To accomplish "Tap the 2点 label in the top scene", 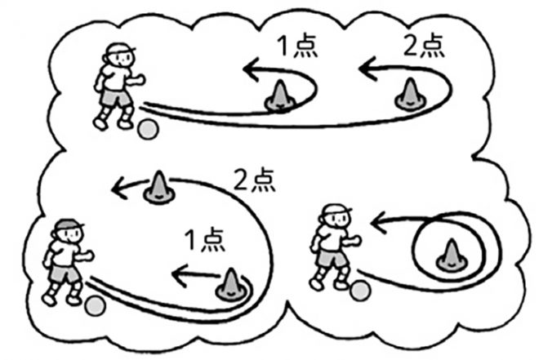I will tap(425, 46).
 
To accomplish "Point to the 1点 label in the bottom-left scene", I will tap(196, 241).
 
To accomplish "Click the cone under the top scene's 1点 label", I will tap(279, 96).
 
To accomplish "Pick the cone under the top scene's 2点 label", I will tap(408, 96).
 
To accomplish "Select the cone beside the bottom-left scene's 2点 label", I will tap(157, 187).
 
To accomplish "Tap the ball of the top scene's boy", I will tap(148, 128).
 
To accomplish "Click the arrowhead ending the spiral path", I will tap(376, 219).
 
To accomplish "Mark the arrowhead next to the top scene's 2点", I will tap(365, 70).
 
